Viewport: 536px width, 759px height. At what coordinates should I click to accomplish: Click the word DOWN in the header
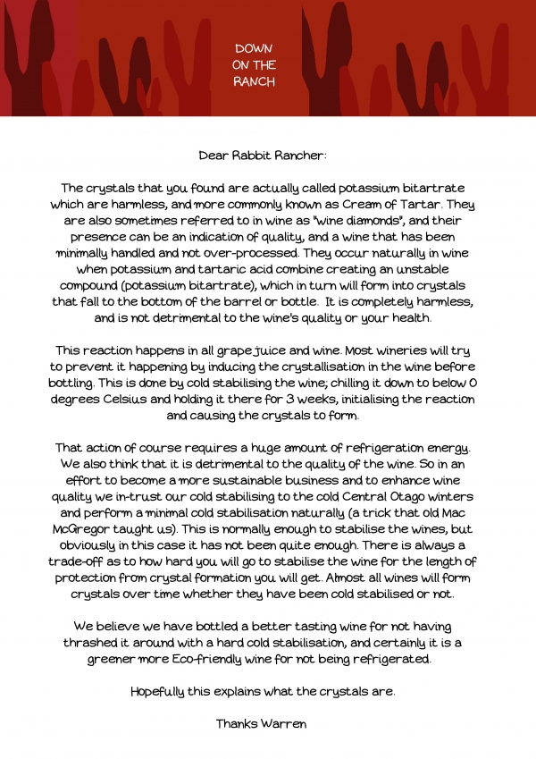click(x=255, y=47)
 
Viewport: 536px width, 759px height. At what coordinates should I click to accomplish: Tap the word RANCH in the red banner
click(x=255, y=81)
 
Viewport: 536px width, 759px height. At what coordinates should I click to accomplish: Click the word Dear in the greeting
click(x=214, y=155)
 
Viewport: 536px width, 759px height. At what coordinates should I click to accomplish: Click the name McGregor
click(x=92, y=529)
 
